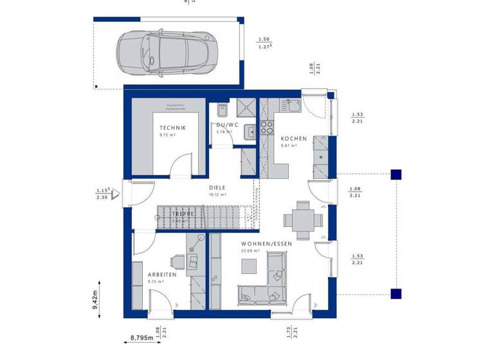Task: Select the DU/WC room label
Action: pyautogui.click(x=227, y=125)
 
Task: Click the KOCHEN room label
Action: pyautogui.click(x=294, y=138)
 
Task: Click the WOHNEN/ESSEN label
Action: pyautogui.click(x=266, y=244)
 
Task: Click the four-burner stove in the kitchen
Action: pyautogui.click(x=267, y=129)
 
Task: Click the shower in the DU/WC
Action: pyautogui.click(x=246, y=109)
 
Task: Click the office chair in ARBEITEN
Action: pyautogui.click(x=192, y=260)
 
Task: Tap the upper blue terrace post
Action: pyautogui.click(x=397, y=174)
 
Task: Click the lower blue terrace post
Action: pyautogui.click(x=397, y=294)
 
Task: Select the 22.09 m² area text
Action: pyautogui.click(x=250, y=251)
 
